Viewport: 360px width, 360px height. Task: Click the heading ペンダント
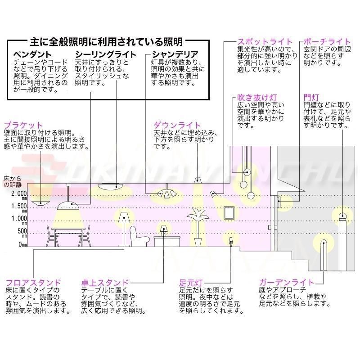tap(32, 54)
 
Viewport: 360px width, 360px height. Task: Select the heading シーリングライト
tap(106, 54)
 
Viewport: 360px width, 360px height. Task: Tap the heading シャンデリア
tap(175, 54)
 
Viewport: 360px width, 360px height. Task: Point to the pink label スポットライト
tap(265, 42)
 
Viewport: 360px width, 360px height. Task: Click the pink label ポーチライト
tap(327, 42)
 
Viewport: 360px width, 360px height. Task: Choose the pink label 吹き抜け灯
tap(257, 97)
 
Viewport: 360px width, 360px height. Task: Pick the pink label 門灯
tap(311, 97)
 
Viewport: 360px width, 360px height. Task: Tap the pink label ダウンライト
tap(177, 125)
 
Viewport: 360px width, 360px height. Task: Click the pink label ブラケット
tap(23, 125)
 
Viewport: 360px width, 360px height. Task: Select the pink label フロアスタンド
tap(33, 283)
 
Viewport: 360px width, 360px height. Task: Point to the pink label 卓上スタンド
tap(105, 283)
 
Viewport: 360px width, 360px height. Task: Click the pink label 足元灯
tap(191, 283)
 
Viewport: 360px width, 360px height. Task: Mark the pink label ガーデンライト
tap(286, 282)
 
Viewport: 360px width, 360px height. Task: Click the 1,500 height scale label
tap(19, 207)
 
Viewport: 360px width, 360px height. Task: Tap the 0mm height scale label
tap(23, 245)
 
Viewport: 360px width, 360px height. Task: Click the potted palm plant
tap(198, 227)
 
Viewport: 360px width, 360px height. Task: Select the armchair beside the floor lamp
tap(139, 237)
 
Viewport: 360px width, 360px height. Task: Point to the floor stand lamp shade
tap(125, 217)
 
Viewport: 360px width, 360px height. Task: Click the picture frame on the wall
tap(229, 212)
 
